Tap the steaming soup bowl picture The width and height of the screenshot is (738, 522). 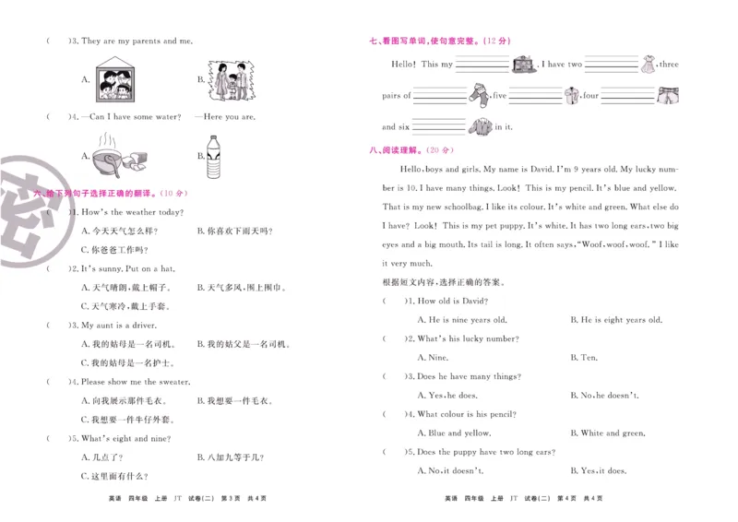tap(114, 156)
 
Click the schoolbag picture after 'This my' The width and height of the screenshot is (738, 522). tap(525, 65)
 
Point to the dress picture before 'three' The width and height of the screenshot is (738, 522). tap(649, 65)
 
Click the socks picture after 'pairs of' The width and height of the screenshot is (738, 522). tap(478, 94)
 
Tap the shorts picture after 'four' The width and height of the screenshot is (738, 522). tap(666, 94)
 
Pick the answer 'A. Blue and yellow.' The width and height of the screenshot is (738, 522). tap(454, 433)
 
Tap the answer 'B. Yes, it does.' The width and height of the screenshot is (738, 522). tap(599, 470)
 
